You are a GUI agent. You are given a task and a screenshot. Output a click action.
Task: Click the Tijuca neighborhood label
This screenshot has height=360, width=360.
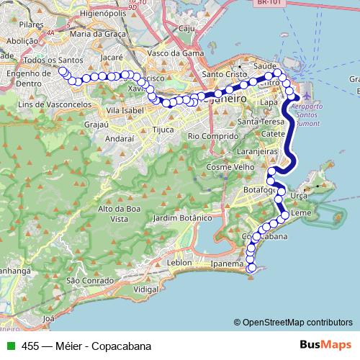point(163,130)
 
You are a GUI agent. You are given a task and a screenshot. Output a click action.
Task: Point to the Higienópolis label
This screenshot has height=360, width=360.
point(84,13)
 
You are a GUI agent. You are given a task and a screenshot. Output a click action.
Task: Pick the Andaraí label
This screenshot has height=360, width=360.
point(120,138)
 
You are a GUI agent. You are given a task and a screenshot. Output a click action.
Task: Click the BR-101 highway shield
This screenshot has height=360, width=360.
point(268,3)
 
